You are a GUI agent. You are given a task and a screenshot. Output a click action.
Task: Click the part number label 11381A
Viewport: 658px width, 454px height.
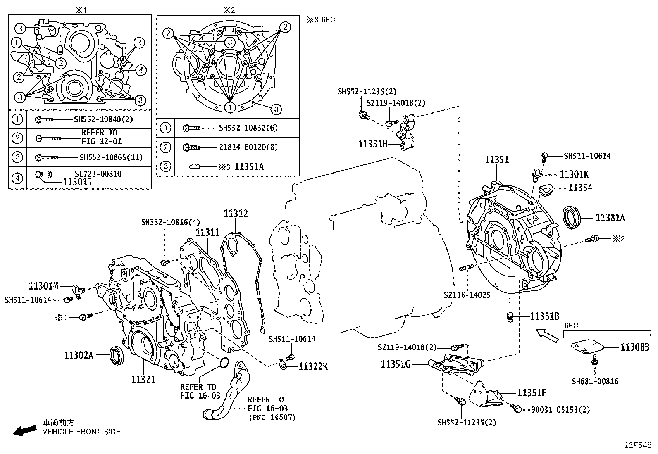pyautogui.click(x=610, y=218)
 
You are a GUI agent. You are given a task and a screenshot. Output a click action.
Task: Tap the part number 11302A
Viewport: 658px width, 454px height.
pyautogui.click(x=79, y=354)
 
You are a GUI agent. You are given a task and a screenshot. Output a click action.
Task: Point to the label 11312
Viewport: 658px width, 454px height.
pyautogui.click(x=236, y=214)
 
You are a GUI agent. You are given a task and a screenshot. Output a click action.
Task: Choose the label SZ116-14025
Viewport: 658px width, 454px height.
pyautogui.click(x=467, y=295)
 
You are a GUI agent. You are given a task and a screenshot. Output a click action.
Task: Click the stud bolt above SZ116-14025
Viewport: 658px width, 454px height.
pyautogui.click(x=466, y=269)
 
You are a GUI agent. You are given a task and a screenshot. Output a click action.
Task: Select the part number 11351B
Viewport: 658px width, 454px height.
pyautogui.click(x=545, y=316)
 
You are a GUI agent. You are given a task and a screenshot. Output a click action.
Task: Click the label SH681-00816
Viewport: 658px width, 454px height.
pyautogui.click(x=595, y=381)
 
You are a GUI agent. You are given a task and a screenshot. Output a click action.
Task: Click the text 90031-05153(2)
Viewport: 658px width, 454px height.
pyautogui.click(x=560, y=410)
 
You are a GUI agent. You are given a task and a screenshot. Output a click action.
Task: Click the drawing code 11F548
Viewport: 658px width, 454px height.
pyautogui.click(x=638, y=445)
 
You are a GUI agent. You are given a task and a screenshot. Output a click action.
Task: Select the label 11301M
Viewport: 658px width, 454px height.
pyautogui.click(x=44, y=285)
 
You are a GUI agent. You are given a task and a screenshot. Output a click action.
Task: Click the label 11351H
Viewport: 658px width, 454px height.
pyautogui.click(x=373, y=144)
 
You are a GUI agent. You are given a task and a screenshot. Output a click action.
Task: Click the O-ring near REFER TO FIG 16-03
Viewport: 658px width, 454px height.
pyautogui.click(x=224, y=363)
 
